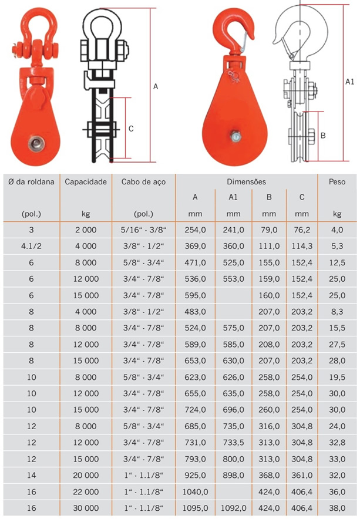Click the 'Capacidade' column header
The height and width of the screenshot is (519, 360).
pyautogui.click(x=86, y=182)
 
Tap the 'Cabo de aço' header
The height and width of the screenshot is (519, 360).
pyautogui.click(x=143, y=182)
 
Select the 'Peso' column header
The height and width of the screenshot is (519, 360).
pyautogui.click(x=337, y=182)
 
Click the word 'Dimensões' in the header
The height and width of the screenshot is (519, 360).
pyautogui.click(x=247, y=182)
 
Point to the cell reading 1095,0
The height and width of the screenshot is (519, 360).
pyautogui.click(x=195, y=508)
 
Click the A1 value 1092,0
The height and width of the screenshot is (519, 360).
pyautogui.click(x=233, y=508)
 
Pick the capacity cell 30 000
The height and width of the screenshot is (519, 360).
pyautogui.click(x=86, y=508)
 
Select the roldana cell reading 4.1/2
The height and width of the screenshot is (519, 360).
pyautogui.click(x=31, y=246)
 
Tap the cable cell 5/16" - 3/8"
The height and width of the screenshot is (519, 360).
pyautogui.click(x=143, y=230)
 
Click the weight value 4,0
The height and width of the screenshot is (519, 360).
pyautogui.click(x=337, y=230)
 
